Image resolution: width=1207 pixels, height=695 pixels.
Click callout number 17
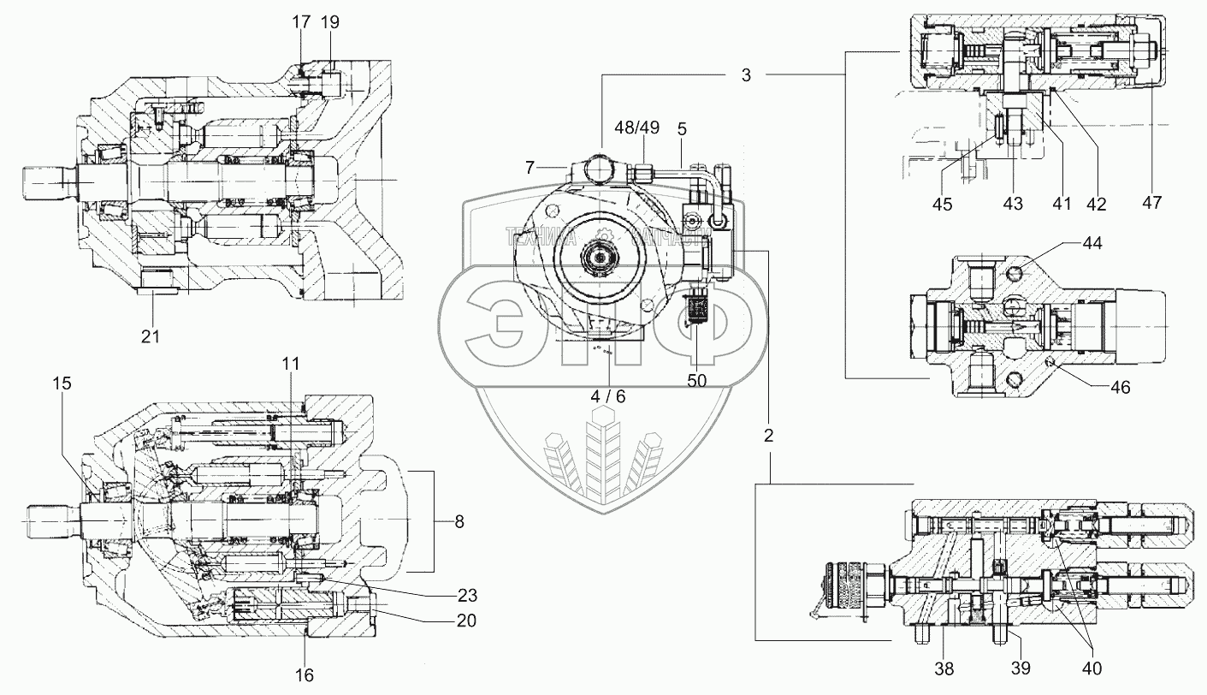301,22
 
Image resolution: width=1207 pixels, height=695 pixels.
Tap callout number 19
329,22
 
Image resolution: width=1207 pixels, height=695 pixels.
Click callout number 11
292,364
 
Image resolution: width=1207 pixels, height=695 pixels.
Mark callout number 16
305,675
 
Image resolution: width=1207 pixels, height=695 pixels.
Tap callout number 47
1151,204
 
